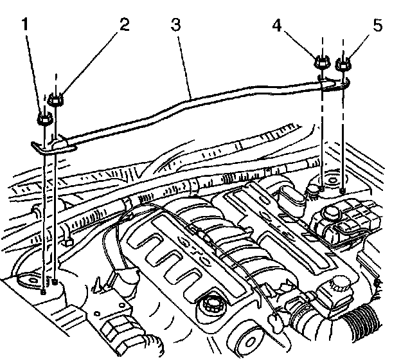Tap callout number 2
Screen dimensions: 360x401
click(x=123, y=25)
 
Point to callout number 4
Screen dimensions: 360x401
click(x=276, y=26)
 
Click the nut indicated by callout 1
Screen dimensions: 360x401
click(x=43, y=119)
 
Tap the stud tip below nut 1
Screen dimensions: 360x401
click(x=43, y=291)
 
